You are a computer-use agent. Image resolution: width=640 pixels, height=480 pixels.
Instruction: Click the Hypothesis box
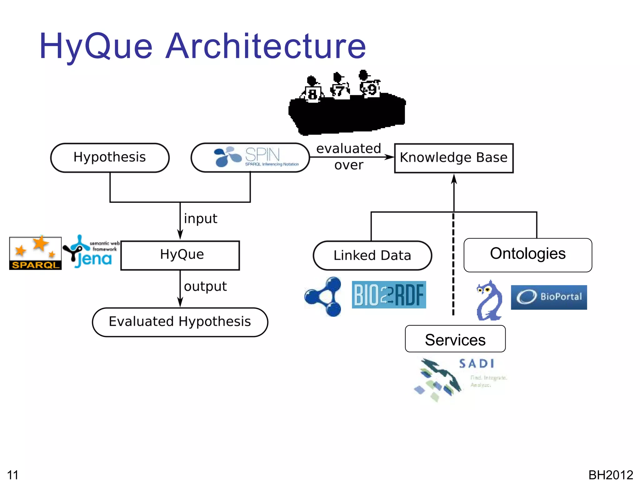click(x=110, y=157)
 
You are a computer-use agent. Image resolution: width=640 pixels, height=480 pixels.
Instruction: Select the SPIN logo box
click(x=250, y=157)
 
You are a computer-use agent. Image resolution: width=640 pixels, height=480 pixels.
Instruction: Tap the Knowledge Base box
click(x=453, y=158)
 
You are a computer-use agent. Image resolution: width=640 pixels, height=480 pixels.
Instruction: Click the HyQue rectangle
click(x=180, y=255)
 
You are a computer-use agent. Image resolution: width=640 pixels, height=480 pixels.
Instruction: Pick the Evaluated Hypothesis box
click(x=180, y=322)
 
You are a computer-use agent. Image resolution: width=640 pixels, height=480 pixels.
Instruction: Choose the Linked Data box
click(x=372, y=255)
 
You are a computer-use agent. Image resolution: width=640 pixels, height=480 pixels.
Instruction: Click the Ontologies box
click(x=527, y=255)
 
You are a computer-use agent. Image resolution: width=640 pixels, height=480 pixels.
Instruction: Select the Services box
click(x=455, y=339)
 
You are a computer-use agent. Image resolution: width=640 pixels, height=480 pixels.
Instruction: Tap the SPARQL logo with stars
click(x=35, y=253)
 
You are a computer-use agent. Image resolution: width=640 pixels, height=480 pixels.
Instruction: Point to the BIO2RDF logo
click(x=389, y=294)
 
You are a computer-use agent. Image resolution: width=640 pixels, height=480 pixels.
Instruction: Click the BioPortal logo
click(x=549, y=297)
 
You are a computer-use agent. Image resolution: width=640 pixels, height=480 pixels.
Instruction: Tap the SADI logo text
click(x=477, y=363)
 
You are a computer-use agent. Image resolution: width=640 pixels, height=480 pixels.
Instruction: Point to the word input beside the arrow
click(x=200, y=219)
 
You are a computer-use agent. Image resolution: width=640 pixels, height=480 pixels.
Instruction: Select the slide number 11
click(x=13, y=474)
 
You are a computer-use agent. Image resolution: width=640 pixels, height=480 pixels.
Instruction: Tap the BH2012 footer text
click(x=610, y=474)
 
